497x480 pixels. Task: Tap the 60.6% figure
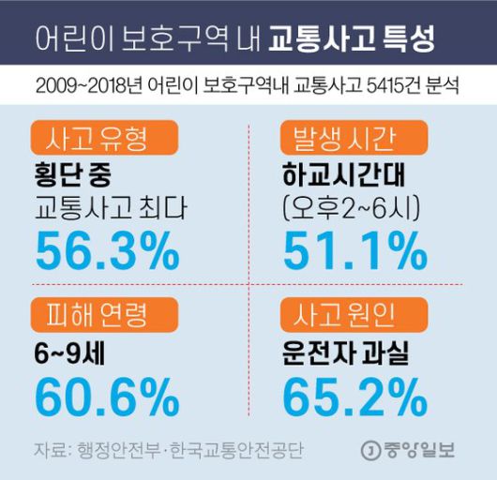105,395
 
